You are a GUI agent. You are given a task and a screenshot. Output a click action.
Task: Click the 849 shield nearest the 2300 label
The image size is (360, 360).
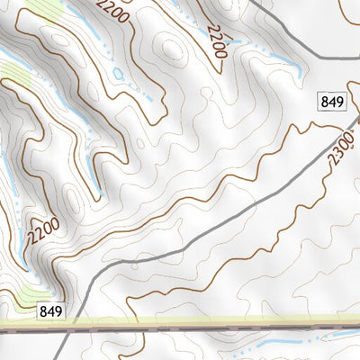pyautogui.click(x=332, y=102)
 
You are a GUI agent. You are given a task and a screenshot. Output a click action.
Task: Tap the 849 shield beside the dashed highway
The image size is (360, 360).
pyautogui.click(x=51, y=311)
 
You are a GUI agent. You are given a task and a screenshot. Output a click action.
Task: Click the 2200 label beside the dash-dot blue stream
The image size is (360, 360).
pyautogui.click(x=215, y=40)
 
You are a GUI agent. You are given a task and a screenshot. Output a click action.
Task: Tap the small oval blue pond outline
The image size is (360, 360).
pyautogui.click(x=117, y=73)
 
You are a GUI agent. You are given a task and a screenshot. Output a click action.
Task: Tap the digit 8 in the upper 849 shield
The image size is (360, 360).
pyautogui.click(x=326, y=102)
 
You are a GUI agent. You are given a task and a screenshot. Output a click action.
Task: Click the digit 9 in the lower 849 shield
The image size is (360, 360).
pyautogui.click(x=58, y=311)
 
